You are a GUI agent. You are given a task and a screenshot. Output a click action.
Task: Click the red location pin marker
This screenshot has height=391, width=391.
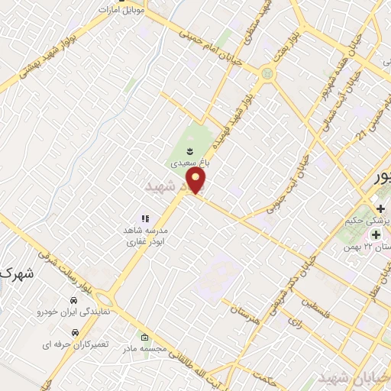pos(197,180)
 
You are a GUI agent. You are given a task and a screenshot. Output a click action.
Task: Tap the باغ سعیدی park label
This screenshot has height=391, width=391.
pos(189,163)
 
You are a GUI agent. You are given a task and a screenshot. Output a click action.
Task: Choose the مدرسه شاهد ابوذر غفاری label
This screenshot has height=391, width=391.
pos(152,234)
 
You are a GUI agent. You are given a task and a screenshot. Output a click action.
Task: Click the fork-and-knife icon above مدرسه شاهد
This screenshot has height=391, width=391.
pos(145,218)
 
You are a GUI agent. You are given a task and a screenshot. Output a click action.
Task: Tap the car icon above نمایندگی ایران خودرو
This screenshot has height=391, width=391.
pos(74,299)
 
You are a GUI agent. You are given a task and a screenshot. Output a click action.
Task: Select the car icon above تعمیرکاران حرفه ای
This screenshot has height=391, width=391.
pos(74,333)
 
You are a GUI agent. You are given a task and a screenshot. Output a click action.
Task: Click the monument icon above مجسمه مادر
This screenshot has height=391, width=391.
pos(145,336)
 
